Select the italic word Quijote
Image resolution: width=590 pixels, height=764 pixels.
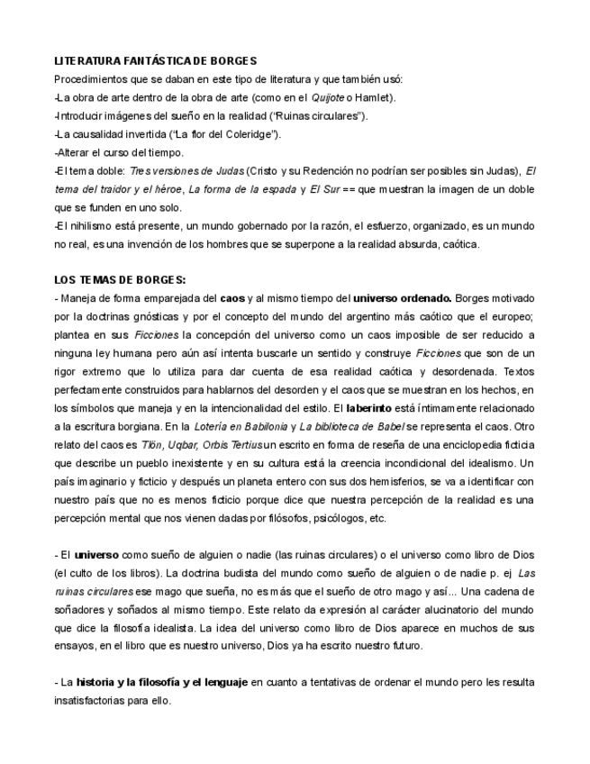tap(328, 97)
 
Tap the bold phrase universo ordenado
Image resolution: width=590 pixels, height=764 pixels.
tap(402, 298)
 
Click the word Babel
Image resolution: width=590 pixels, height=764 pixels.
tap(386, 426)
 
